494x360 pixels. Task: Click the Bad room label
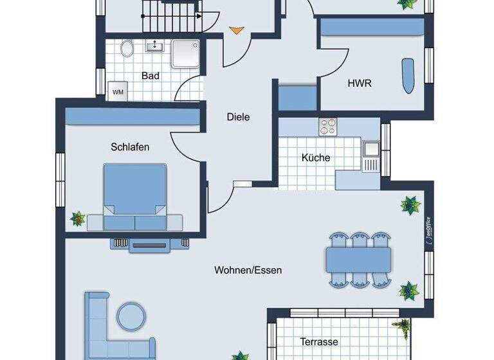[151, 76]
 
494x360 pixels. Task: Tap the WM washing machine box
[118, 91]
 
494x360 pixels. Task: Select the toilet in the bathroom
[127, 48]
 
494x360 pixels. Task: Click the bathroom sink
[155, 46]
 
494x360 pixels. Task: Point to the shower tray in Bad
[186, 53]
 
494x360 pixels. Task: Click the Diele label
[238, 117]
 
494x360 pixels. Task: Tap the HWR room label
[360, 83]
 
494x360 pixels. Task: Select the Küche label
[316, 157]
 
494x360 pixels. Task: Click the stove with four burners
[328, 127]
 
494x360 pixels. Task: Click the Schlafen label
[130, 147]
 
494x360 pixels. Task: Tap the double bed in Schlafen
[134, 197]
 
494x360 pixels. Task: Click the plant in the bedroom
[78, 219]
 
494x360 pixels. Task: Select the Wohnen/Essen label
[248, 271]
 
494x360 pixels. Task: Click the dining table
[358, 259]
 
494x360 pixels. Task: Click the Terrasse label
[319, 342]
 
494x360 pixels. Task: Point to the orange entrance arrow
[237, 30]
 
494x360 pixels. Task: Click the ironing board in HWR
[408, 76]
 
